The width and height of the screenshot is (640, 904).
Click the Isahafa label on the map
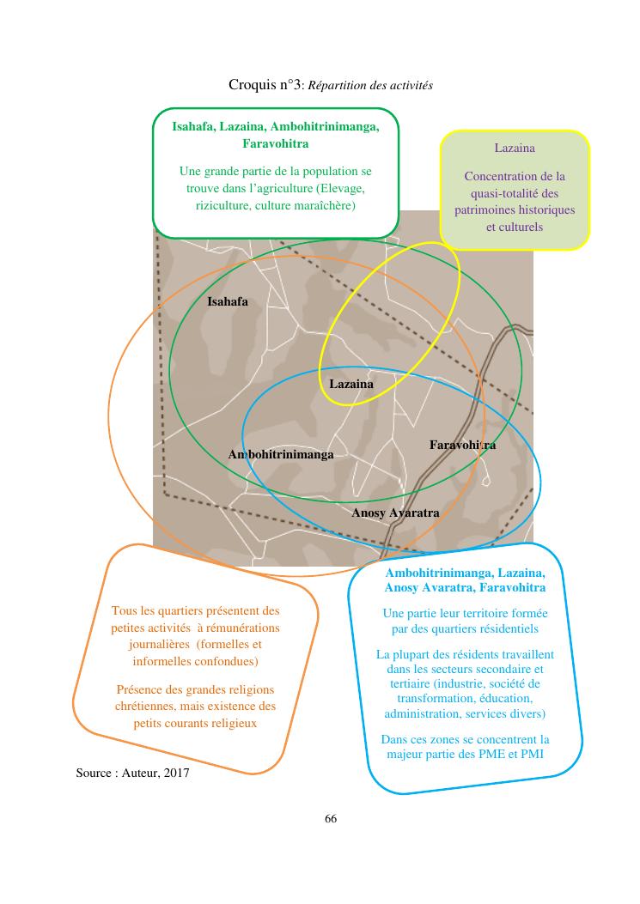228,301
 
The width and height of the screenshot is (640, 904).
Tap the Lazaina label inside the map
351,384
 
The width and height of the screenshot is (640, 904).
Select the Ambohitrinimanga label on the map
281,454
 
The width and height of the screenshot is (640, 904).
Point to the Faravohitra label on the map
462,445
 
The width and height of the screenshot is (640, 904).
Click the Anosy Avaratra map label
395,513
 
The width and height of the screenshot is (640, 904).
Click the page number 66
331,818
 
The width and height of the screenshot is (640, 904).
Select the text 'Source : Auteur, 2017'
132,773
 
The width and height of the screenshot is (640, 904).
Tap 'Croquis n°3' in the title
265,85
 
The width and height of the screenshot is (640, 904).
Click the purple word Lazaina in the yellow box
515,148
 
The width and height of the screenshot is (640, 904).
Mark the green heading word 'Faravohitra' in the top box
275,143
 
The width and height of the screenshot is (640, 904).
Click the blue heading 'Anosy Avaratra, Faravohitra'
464,587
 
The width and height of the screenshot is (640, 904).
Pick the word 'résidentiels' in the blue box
506,629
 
